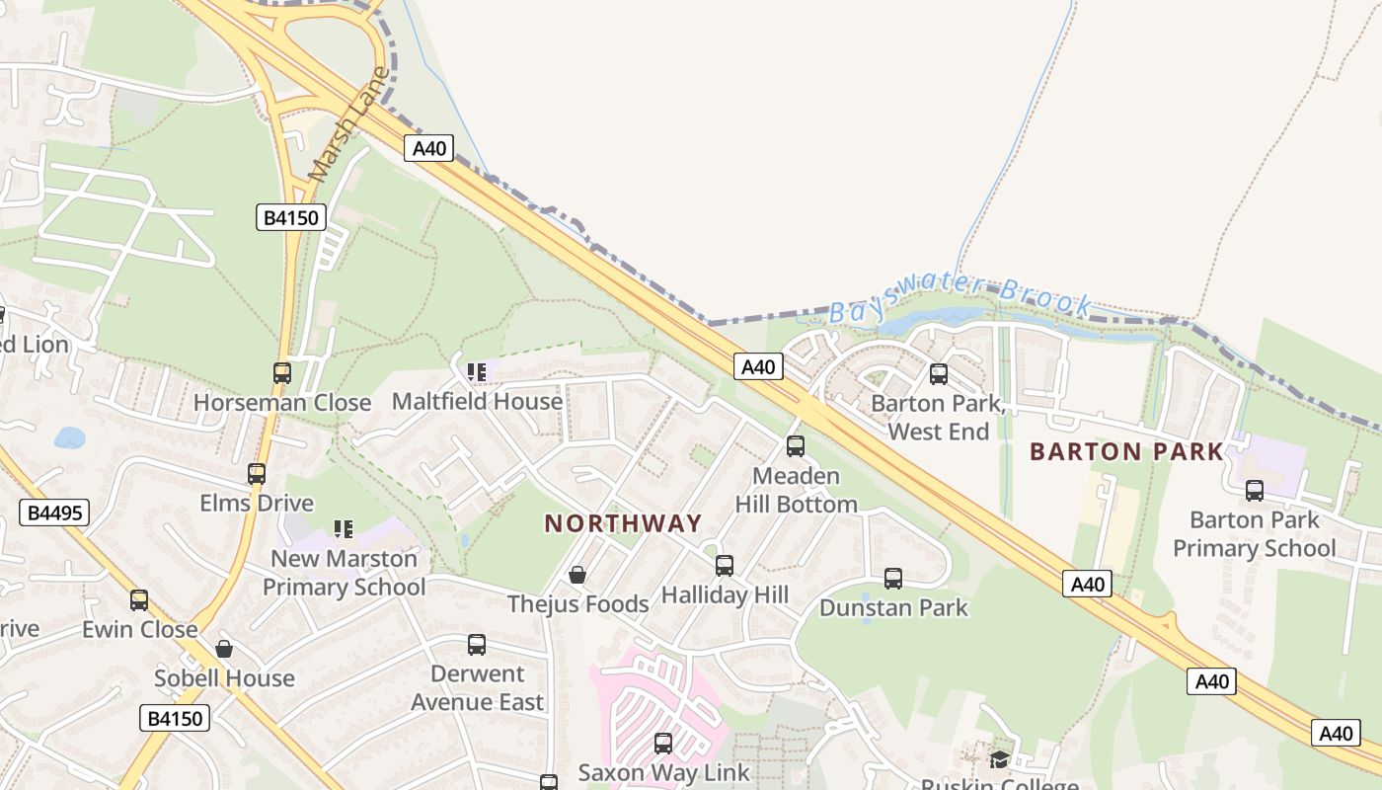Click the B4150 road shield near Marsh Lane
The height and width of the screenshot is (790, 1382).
[x=291, y=217]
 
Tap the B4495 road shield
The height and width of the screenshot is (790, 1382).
[x=54, y=513]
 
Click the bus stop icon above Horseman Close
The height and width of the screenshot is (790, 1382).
[x=282, y=373]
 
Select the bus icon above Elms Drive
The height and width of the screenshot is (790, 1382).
[x=257, y=473]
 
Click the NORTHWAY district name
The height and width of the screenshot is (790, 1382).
[x=623, y=523]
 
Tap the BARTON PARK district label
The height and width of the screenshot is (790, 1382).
[x=1126, y=452]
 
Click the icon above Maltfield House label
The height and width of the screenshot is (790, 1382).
[x=477, y=372]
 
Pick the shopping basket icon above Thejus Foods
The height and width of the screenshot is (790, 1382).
[x=577, y=575]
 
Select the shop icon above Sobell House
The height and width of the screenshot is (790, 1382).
[x=224, y=649]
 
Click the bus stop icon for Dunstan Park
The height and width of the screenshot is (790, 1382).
[x=893, y=579]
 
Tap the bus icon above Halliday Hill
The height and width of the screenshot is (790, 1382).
[x=725, y=566]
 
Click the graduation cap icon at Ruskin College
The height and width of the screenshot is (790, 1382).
[x=1000, y=758]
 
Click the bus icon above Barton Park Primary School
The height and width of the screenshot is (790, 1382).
[x=1255, y=490]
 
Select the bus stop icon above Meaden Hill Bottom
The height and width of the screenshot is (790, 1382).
[x=796, y=446]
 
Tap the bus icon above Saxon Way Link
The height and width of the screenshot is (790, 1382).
[x=663, y=743]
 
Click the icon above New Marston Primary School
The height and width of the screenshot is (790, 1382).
[x=344, y=529]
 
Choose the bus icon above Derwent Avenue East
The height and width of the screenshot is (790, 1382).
[x=477, y=645]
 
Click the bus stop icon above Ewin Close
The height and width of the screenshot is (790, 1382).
[x=139, y=600]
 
